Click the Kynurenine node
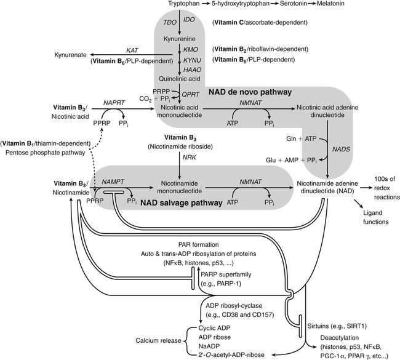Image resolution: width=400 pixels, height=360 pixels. click(x=179, y=38)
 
